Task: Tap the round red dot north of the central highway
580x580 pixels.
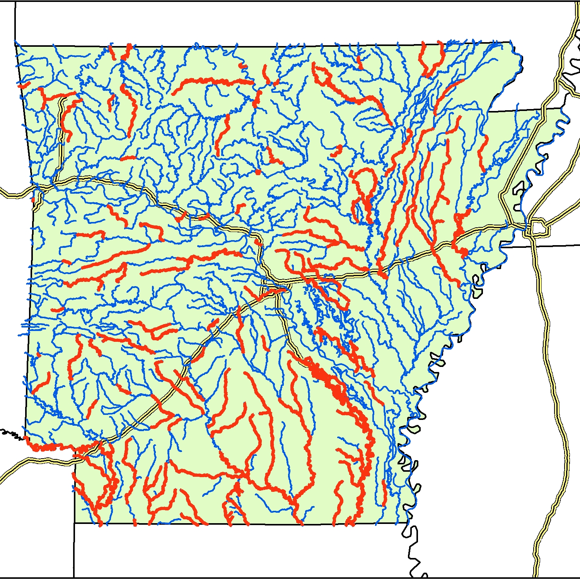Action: [x=258, y=172]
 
